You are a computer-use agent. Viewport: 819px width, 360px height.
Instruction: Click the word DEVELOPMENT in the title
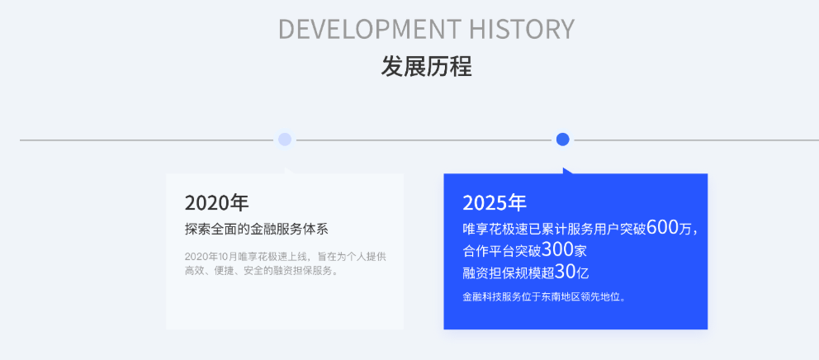[370, 29]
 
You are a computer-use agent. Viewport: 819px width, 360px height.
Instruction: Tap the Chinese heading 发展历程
[426, 67]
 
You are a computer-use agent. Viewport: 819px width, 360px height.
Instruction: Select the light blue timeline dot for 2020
[285, 139]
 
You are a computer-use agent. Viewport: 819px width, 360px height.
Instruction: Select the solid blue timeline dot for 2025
[562, 139]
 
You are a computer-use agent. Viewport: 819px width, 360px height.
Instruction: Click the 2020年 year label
[217, 203]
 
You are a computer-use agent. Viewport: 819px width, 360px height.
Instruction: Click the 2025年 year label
[495, 203]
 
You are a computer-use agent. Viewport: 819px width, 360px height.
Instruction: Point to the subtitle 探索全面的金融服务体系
[257, 229]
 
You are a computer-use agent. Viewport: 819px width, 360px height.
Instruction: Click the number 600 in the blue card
[662, 227]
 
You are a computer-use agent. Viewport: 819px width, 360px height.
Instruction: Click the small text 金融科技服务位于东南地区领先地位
[544, 297]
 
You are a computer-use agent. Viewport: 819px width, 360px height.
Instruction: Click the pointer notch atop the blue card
[567, 171]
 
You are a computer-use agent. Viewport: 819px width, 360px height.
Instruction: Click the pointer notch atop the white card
[289, 171]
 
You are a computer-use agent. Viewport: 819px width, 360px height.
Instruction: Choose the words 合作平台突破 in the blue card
[502, 251]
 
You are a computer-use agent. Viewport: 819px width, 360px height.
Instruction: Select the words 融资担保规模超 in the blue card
[509, 272]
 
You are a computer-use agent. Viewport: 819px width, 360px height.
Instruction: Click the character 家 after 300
[580, 251]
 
